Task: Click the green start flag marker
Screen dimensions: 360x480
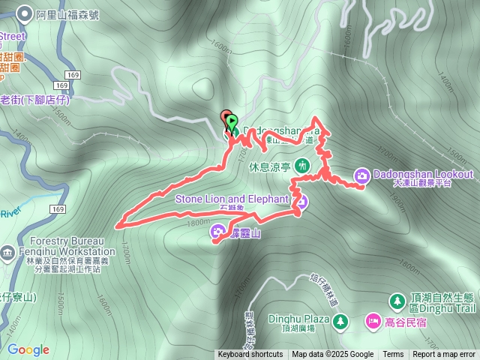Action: pos(232,121)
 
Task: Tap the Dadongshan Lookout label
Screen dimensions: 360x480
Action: pos(424,175)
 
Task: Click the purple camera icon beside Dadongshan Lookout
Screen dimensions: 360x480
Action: pos(362,175)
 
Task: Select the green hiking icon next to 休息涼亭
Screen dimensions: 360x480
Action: pos(302,165)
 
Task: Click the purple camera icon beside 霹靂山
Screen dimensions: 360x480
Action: pos(218,232)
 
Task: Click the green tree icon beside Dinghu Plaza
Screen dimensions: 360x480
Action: pos(340,322)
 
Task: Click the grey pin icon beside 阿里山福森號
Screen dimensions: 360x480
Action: pos(25,13)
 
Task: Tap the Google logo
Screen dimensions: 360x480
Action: pos(28,349)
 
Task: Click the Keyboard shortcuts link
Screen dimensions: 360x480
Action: pos(250,355)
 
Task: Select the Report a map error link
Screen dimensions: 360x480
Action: pos(444,355)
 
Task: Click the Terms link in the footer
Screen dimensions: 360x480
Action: pos(393,355)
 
